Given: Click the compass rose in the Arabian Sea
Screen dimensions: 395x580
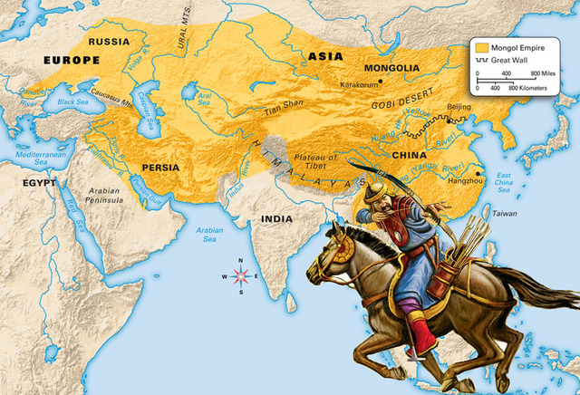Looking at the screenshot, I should tap(242, 275).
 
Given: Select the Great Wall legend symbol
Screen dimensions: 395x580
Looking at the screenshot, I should tap(483, 60).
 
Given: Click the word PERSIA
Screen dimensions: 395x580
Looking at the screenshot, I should tap(159, 168).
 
